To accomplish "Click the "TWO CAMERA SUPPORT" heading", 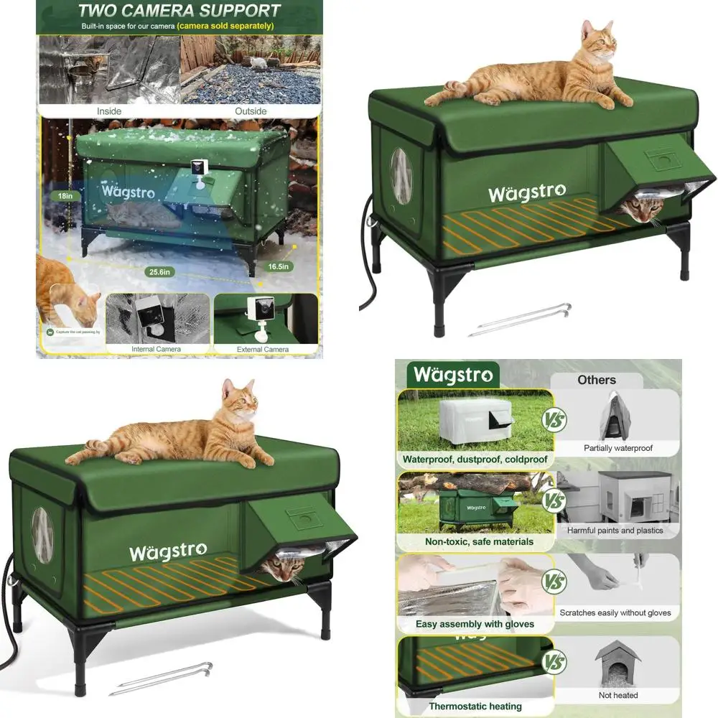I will coord(179,11).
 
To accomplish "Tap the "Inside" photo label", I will coord(109,111).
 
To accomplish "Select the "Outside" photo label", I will coord(251,111).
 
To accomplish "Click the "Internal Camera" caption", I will coord(156,350).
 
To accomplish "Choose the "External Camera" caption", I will coord(263,350).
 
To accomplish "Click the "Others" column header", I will coord(597,380).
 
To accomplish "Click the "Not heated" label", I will coord(617,695).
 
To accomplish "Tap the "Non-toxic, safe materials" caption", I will coord(479,541).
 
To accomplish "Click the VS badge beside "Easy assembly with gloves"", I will coord(554,580).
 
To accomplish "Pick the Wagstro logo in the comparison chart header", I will coord(452,375).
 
